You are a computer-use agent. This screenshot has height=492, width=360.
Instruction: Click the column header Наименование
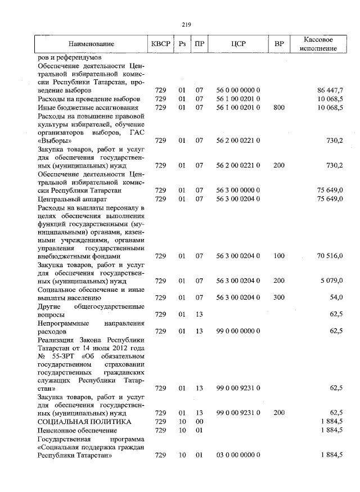(91, 44)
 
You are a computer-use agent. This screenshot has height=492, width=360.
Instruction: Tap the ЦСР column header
(238, 44)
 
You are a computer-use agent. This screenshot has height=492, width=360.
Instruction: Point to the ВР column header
(279, 44)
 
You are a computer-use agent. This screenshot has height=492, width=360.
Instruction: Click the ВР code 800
(279, 107)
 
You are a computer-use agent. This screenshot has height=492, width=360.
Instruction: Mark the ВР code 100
(279, 256)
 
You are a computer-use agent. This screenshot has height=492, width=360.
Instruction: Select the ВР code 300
(279, 297)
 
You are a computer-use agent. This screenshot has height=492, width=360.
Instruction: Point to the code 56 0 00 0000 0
(238, 90)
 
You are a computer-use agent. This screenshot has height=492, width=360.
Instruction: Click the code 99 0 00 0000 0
(238, 331)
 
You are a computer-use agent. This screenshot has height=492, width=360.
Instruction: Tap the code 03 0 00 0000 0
(238, 455)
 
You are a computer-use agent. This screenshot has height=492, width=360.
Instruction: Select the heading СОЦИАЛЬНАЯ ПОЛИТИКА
(84, 421)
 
